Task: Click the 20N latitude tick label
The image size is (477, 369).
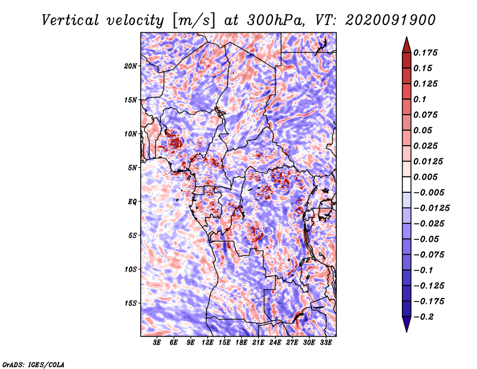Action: pyautogui.click(x=131, y=66)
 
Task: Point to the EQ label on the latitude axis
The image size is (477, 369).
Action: pyautogui.click(x=132, y=202)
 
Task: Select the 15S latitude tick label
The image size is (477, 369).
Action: pyautogui.click(x=131, y=303)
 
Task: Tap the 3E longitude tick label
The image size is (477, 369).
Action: pyautogui.click(x=157, y=343)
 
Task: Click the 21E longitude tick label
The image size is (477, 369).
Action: pyautogui.click(x=258, y=343)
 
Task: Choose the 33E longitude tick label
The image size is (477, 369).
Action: pyautogui.click(x=326, y=343)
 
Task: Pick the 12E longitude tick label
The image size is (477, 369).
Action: pyautogui.click(x=207, y=343)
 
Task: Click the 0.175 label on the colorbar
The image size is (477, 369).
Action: pyautogui.click(x=425, y=53)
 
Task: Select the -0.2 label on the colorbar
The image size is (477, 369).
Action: pyautogui.click(x=423, y=317)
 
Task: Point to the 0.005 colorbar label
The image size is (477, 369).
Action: pyautogui.click(x=425, y=177)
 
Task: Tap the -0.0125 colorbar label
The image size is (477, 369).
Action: pyautogui.click(x=431, y=208)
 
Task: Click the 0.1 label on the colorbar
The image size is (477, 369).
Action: pyautogui.click(x=420, y=99)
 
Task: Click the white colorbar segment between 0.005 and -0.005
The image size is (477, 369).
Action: pyautogui.click(x=407, y=184)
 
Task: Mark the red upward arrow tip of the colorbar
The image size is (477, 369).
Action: pyautogui.click(x=407, y=37)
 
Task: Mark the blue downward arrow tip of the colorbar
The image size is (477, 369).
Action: pyautogui.click(x=407, y=331)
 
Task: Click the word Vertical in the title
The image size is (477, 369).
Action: pyautogui.click(x=70, y=20)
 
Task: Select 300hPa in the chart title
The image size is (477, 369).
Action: pyautogui.click(x=275, y=20)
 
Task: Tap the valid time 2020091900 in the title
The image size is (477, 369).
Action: pyautogui.click(x=391, y=20)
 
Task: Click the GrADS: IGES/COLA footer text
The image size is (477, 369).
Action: pyautogui.click(x=33, y=364)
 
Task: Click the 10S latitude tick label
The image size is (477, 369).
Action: pyautogui.click(x=131, y=269)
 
